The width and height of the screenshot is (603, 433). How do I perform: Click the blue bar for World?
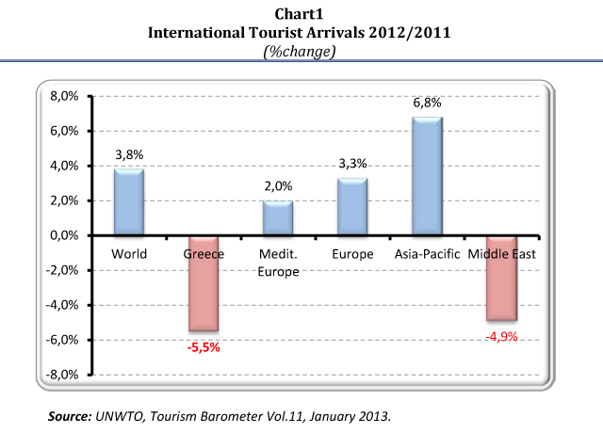click(x=129, y=202)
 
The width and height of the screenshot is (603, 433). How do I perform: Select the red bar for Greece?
click(x=203, y=283)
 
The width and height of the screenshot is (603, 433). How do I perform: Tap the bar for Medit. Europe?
click(x=278, y=218)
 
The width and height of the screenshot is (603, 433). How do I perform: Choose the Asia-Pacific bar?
click(x=427, y=177)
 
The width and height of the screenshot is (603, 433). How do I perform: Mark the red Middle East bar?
click(x=501, y=279)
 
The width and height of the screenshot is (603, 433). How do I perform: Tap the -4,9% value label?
click(x=501, y=336)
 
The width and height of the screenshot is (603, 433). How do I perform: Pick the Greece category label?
click(x=203, y=255)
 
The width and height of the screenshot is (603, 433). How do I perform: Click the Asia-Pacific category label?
click(x=427, y=255)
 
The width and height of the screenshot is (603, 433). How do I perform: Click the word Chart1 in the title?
click(x=301, y=14)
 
